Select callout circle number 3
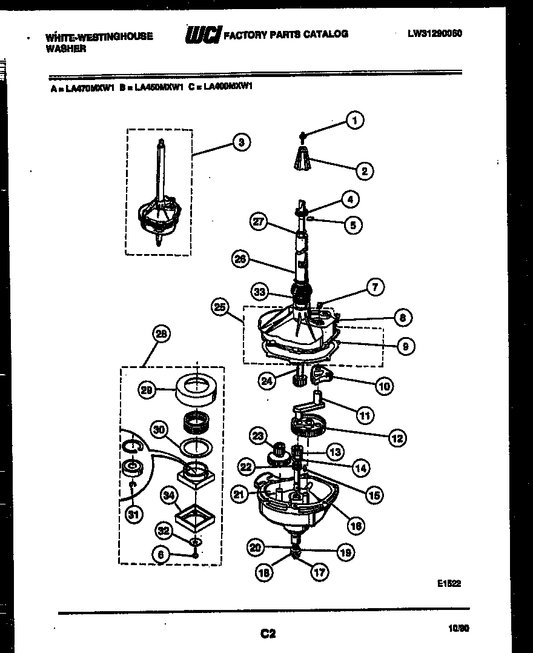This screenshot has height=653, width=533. click(x=241, y=142)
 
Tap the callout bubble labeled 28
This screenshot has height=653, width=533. click(x=162, y=333)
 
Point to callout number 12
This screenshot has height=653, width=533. click(x=397, y=437)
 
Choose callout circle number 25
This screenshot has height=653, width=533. click(x=221, y=307)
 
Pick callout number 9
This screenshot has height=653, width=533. click(x=405, y=346)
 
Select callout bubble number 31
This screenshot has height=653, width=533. click(x=133, y=515)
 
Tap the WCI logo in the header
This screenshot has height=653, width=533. click(x=204, y=35)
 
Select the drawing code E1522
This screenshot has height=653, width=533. click(x=449, y=584)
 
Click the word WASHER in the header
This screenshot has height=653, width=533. click(x=65, y=49)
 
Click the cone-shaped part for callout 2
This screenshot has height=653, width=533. click(x=304, y=159)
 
